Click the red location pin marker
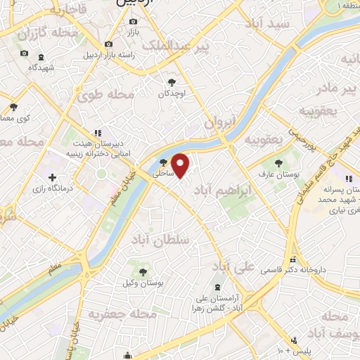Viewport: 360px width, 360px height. tap(181, 165)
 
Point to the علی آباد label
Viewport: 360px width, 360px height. tap(231, 266)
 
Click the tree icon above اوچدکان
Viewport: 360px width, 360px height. tap(169, 82)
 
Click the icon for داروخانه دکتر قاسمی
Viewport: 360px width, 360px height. tap(293, 259)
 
